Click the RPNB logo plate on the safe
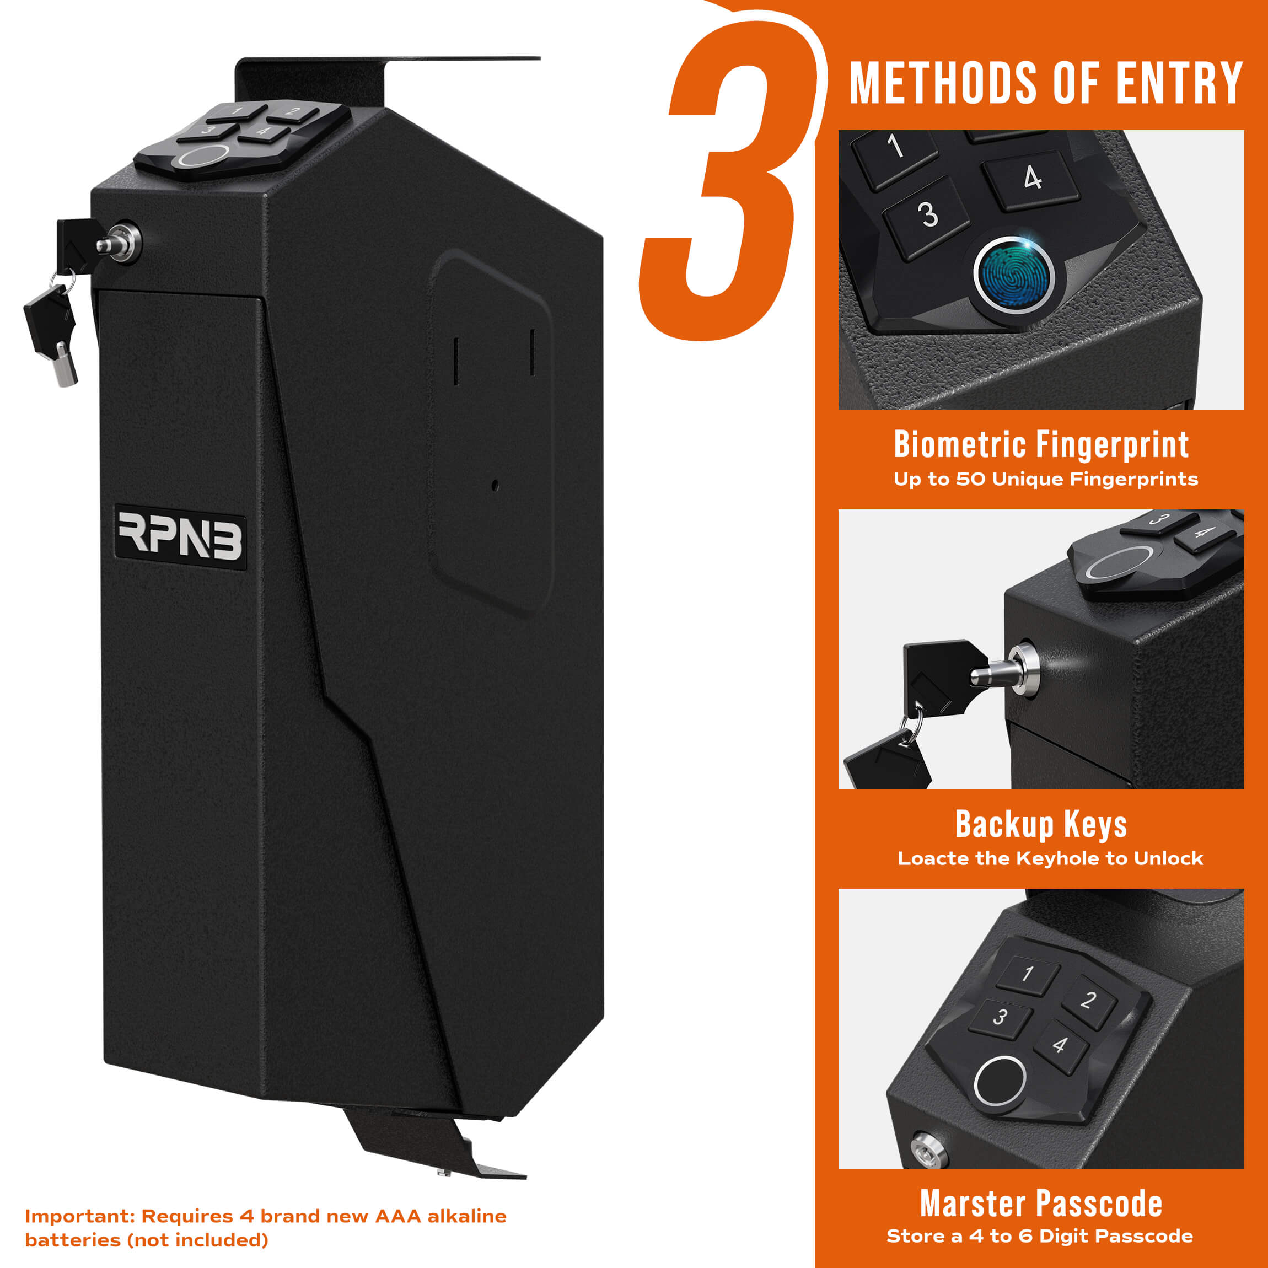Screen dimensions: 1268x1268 click(x=180, y=537)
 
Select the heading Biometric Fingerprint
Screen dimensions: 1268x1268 click(x=1041, y=445)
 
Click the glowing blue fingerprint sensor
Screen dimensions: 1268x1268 click(x=1013, y=275)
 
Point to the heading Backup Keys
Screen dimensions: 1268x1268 click(x=1041, y=824)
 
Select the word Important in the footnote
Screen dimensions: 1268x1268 click(x=79, y=1216)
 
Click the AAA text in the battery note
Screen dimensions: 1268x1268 click(x=397, y=1216)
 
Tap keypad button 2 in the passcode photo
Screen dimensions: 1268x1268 click(x=1088, y=1000)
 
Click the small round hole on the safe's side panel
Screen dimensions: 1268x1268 click(x=495, y=486)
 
